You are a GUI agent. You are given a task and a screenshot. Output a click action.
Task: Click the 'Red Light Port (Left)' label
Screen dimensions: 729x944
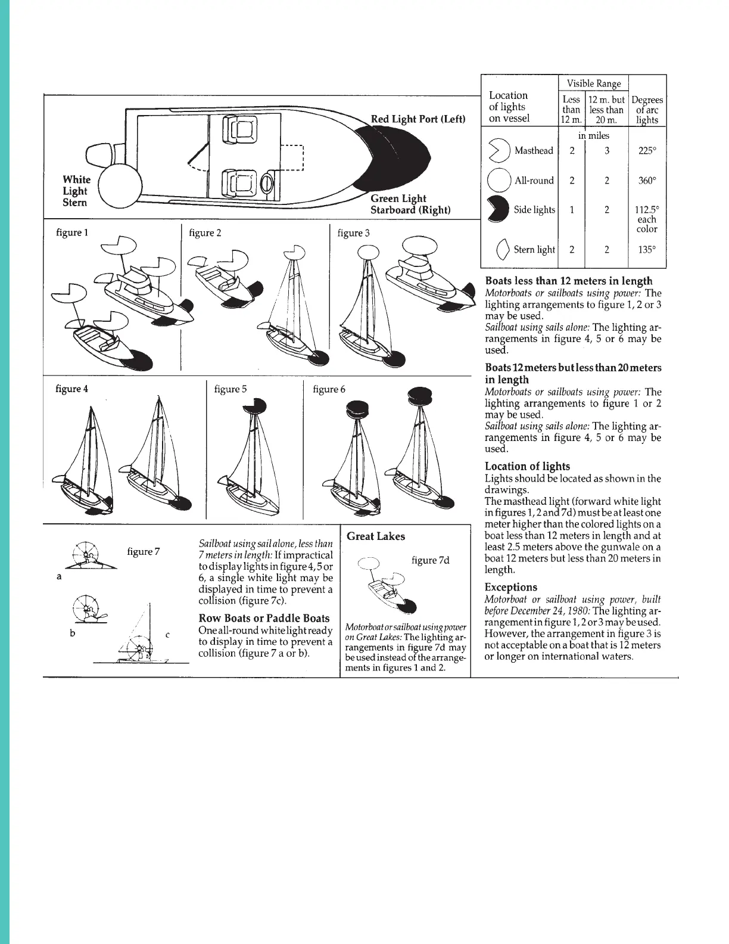tap(418, 119)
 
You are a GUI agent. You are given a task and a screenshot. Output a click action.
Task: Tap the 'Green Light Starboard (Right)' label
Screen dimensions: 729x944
tap(410, 204)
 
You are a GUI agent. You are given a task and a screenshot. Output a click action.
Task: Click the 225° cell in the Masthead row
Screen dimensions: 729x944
tap(647, 151)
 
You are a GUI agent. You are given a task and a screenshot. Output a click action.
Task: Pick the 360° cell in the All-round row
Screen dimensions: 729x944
tap(647, 181)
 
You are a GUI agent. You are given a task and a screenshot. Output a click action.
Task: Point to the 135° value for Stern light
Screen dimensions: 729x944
tap(647, 250)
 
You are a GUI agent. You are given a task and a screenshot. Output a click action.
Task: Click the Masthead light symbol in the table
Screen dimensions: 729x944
tap(499, 151)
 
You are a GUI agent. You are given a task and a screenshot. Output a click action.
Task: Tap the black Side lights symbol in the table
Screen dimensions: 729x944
tap(498, 209)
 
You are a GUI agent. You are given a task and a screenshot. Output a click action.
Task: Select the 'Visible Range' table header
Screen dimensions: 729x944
tap(593, 83)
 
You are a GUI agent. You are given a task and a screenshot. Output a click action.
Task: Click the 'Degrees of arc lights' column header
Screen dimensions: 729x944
tap(647, 110)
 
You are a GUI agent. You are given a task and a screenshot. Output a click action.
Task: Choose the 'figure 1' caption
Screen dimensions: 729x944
tap(72, 232)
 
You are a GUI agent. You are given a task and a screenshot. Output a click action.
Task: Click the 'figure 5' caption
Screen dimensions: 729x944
tap(230, 389)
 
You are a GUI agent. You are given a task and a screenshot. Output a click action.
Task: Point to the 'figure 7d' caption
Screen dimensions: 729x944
tap(430, 560)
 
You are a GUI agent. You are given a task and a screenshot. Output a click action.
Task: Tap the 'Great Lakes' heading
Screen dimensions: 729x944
tap(375, 536)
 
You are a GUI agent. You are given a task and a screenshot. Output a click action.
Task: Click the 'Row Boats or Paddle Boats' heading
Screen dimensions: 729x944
tap(264, 618)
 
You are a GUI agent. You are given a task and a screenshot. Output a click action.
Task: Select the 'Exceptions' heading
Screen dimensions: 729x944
tap(510, 587)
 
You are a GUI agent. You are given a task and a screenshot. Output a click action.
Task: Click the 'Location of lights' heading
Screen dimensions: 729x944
tap(527, 466)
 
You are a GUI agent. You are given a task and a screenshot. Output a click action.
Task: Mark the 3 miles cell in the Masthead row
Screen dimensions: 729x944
tap(606, 151)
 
